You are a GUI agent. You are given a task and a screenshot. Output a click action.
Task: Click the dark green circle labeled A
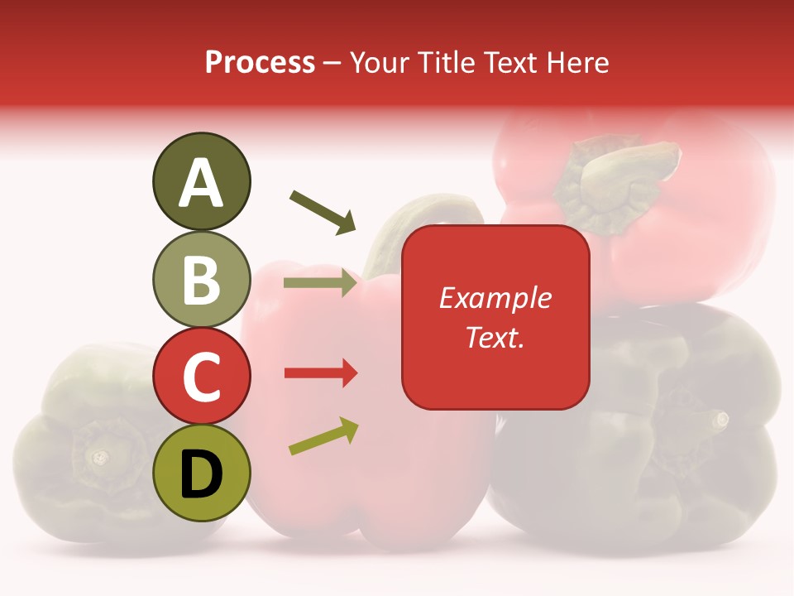click(202, 181)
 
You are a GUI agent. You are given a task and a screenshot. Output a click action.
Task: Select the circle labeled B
click(202, 279)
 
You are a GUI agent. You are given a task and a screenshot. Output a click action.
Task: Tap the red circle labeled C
click(202, 376)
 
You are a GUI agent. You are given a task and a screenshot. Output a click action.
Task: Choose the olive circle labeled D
click(202, 473)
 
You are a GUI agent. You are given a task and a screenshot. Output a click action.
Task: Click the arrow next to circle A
click(323, 211)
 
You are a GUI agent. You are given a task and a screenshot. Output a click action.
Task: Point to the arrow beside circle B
click(321, 283)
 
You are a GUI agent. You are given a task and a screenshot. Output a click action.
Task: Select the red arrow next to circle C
click(321, 373)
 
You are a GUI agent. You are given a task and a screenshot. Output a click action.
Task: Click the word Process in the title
click(260, 62)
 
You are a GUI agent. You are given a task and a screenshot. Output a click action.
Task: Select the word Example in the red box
click(495, 298)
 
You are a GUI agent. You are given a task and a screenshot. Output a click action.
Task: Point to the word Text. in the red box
click(495, 337)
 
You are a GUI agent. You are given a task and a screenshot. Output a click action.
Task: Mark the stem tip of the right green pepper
click(721, 420)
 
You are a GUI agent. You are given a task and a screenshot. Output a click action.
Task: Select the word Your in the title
click(377, 62)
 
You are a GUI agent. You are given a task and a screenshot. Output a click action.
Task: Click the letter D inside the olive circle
click(202, 474)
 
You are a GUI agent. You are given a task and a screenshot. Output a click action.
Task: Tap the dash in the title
click(332, 63)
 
